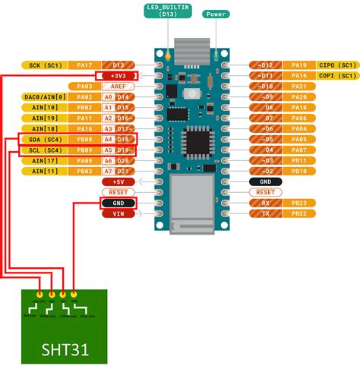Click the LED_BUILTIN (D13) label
pyautogui.click(x=169, y=12)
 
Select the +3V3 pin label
pyautogui.click(x=118, y=76)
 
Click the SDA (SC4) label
pyautogui.click(x=42, y=140)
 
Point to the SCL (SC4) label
pyautogui.click(x=42, y=150)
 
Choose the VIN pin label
pyautogui.click(x=118, y=213)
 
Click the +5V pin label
pyautogui.click(x=118, y=181)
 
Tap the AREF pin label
pyautogui.click(x=118, y=87)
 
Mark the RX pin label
pyautogui.click(x=266, y=203)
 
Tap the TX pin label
pyautogui.click(x=266, y=213)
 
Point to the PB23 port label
pyautogui.click(x=299, y=203)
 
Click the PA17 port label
pyautogui.click(x=84, y=65)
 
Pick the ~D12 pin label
pyautogui.click(x=266, y=65)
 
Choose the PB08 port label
pyautogui.click(x=84, y=140)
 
